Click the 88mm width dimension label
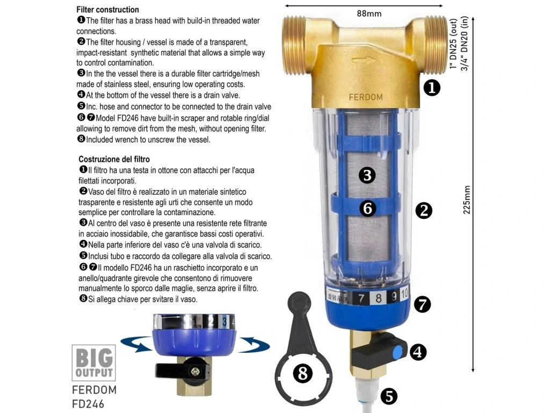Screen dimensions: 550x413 (369, 13)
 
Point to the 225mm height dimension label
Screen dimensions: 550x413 (467, 200)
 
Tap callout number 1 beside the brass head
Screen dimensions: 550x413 (432, 88)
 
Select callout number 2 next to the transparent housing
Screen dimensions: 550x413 (424, 210)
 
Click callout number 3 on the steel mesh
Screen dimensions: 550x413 (367, 175)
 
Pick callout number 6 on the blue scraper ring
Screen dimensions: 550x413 (367, 208)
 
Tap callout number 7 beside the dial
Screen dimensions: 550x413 (422, 304)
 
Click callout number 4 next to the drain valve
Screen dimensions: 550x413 (418, 352)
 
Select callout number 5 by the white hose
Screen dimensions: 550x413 (389, 396)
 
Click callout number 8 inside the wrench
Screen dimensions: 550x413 (302, 373)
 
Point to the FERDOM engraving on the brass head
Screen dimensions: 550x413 (365, 97)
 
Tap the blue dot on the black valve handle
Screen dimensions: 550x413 (397, 352)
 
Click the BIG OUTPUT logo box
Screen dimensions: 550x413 (93, 363)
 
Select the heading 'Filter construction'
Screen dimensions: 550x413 (107, 10)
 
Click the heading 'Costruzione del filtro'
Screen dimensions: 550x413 (114, 159)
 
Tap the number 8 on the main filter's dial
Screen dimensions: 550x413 (378, 298)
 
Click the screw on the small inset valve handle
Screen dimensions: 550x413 (194, 372)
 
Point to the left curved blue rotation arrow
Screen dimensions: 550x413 (137, 344)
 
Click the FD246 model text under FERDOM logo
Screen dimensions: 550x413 (88, 404)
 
